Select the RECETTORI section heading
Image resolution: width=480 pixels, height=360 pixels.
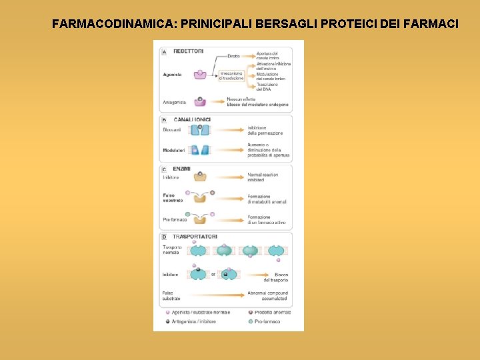189,51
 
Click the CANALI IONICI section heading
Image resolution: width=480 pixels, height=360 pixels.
192,119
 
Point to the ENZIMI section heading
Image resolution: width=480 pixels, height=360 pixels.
181,169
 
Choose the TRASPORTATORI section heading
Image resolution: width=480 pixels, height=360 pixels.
195,237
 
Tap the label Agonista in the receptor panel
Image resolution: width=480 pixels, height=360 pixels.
172,75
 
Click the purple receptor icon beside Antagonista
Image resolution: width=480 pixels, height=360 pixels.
200,101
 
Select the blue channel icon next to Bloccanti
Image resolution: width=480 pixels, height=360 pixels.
199,130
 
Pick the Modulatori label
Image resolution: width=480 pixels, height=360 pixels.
173,150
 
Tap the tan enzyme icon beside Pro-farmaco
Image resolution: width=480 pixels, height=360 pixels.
199,219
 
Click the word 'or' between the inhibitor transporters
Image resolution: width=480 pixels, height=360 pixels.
213,274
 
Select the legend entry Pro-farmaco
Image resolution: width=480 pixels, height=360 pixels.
267,321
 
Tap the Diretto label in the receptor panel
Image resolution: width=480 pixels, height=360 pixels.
233,56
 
